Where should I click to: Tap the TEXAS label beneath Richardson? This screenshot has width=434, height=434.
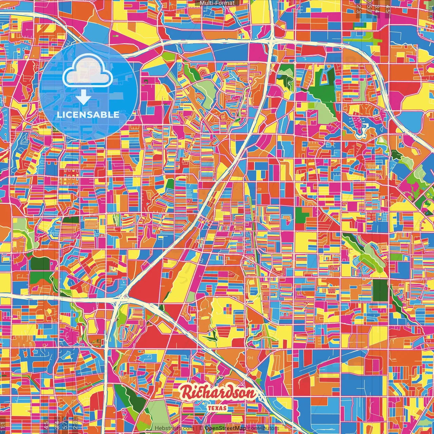click(x=218, y=408)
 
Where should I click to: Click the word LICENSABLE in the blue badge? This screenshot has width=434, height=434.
click(x=88, y=115)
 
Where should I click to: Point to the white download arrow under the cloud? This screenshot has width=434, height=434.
click(x=83, y=98)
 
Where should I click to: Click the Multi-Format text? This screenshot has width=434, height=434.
click(x=217, y=3)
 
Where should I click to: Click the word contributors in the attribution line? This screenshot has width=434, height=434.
click(x=263, y=428)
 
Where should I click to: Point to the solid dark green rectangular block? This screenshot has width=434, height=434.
click(x=380, y=290)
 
